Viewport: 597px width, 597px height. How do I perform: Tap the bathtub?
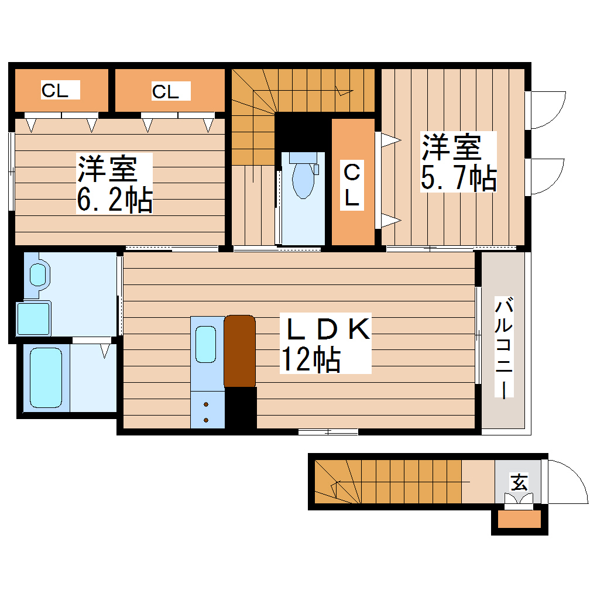click(46, 378)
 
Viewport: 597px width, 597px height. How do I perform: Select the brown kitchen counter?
click(240, 351)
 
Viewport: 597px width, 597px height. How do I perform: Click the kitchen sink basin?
click(207, 345)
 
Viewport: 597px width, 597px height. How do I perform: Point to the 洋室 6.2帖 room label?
click(115, 183)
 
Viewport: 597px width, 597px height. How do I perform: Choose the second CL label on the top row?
click(166, 91)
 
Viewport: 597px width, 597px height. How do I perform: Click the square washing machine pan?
click(33, 319)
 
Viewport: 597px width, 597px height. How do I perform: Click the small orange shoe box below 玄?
click(519, 520)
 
